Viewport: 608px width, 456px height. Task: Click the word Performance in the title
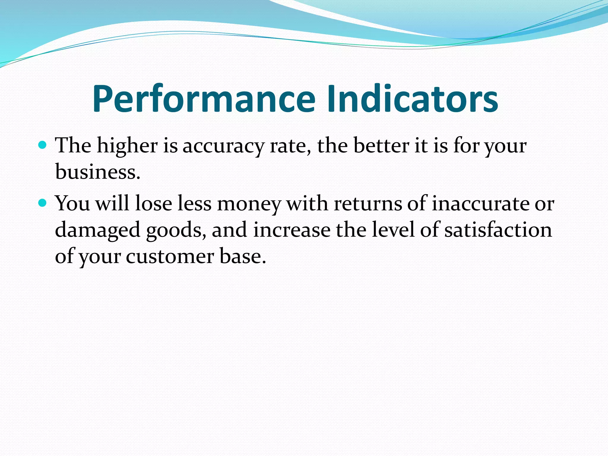204,99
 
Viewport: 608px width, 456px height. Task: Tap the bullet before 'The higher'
43,145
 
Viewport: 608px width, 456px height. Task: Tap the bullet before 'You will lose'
43,203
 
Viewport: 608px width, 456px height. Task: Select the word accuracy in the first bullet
223,146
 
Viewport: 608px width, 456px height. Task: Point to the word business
97,172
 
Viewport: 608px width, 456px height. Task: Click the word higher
127,146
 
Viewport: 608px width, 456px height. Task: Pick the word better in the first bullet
381,146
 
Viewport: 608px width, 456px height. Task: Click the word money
249,204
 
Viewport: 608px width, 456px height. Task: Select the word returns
368,204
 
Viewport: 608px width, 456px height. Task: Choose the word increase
292,230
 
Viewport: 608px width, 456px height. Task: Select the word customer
170,256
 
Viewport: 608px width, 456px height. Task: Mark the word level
393,230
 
